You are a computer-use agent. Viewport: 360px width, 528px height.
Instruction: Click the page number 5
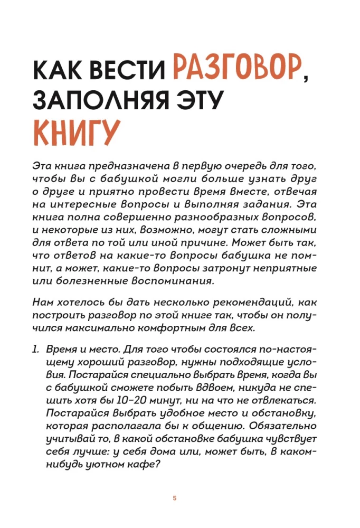[175, 498]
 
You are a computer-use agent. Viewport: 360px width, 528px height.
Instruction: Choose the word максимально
[117, 327]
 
